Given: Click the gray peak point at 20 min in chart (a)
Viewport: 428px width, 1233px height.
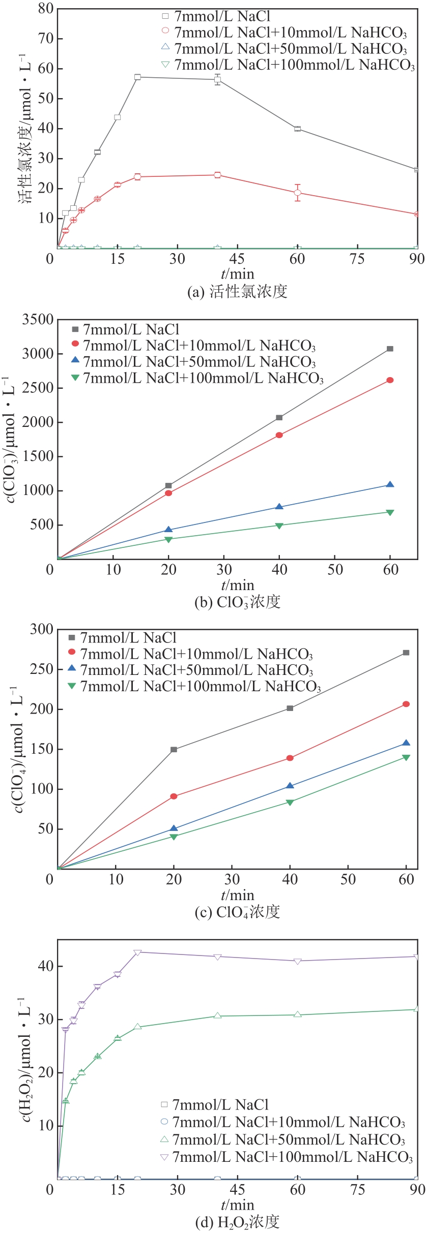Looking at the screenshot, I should point(137,77).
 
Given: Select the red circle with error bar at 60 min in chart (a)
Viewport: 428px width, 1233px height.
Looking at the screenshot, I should point(298,193).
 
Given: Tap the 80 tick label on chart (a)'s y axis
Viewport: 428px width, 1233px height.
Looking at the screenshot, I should point(46,9).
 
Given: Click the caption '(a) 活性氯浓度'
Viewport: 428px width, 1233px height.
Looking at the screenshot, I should point(237,291).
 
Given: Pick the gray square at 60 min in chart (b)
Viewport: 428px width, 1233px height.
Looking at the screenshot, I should point(390,349).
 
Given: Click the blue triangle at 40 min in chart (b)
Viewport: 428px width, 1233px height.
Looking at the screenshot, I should point(279,507).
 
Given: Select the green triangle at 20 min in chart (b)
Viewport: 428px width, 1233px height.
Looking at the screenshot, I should point(168,539).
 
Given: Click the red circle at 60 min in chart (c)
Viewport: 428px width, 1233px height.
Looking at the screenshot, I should point(406,704).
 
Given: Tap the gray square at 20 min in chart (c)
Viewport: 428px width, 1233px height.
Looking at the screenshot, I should point(174,750).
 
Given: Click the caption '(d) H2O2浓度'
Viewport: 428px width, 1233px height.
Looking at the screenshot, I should point(237,1221).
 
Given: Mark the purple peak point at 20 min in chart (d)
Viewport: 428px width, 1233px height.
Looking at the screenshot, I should point(137,952).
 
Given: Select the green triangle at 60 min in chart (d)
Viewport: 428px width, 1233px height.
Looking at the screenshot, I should point(298,1014).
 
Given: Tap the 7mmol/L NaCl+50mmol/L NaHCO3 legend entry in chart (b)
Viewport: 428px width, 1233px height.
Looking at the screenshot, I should point(199,362).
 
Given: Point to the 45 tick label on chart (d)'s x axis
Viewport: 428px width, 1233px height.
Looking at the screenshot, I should point(237,1190).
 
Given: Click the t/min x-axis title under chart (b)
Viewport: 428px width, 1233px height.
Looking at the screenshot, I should point(237,585).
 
